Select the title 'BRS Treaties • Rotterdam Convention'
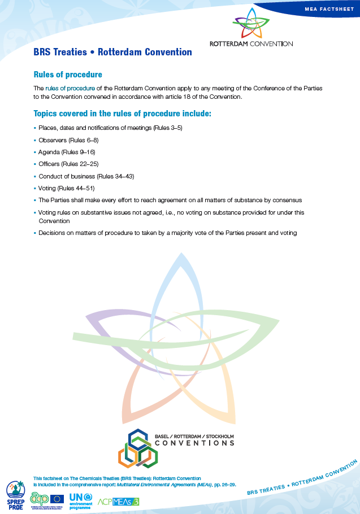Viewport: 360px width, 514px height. coord(112,53)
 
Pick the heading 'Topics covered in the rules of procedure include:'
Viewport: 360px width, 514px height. coord(123,114)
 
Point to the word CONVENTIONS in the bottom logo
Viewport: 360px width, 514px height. coord(194,443)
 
